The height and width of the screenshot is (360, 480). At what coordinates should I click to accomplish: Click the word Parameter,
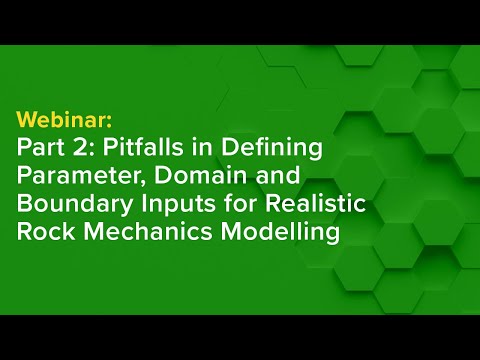coord(80,178)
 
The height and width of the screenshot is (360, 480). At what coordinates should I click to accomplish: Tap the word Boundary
coord(69,206)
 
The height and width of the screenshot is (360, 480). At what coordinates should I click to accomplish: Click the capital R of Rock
coord(24,234)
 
